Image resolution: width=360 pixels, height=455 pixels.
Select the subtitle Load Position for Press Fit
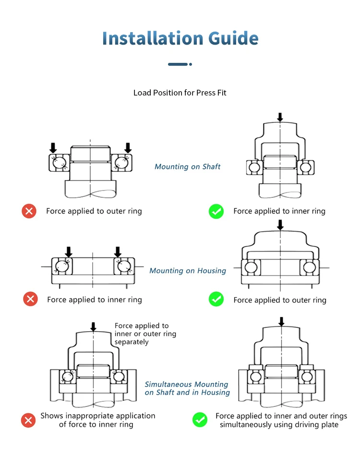pyautogui.click(x=180, y=93)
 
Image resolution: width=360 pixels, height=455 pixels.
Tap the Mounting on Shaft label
pyautogui.click(x=188, y=167)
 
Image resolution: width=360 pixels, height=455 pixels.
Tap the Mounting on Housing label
pyautogui.click(x=188, y=271)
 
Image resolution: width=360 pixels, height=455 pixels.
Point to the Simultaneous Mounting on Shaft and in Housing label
pyautogui.click(x=187, y=388)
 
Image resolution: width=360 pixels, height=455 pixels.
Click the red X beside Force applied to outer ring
pyautogui.click(x=29, y=211)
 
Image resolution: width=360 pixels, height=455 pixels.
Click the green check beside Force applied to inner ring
pyautogui.click(x=216, y=211)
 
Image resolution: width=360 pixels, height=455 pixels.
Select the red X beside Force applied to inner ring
pyautogui.click(x=30, y=299)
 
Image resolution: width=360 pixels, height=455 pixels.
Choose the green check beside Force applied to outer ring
pyautogui.click(x=216, y=299)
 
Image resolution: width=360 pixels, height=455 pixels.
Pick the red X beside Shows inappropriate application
pyautogui.click(x=29, y=420)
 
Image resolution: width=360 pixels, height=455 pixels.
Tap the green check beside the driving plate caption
pyautogui.click(x=200, y=420)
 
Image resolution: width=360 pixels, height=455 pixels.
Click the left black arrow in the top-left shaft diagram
pyautogui.click(x=53, y=147)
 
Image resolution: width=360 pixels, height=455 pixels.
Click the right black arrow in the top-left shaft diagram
pyautogui.click(x=128, y=147)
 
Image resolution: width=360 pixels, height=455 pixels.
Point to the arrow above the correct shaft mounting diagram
pyautogui.click(x=280, y=117)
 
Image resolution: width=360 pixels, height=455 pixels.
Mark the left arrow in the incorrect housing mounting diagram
pyautogui.click(x=69, y=251)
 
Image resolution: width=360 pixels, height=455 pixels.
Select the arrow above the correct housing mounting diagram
pyautogui.click(x=280, y=224)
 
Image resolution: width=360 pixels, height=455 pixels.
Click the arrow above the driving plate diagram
pyautogui.click(x=281, y=321)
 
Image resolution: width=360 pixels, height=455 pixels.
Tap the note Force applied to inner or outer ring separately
pyautogui.click(x=145, y=334)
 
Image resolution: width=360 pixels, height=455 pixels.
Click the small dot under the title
pyautogui.click(x=191, y=64)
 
